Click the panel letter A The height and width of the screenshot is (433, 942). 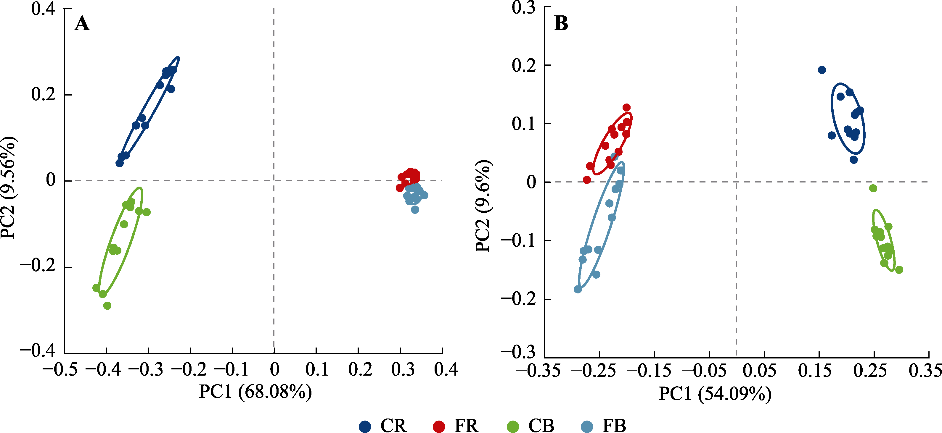(82, 24)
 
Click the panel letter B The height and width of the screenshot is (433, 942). (561, 23)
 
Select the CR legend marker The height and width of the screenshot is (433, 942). (365, 426)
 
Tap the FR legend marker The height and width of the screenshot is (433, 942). (439, 426)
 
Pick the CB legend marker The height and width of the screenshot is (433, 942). (513, 426)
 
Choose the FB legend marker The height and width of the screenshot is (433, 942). (587, 426)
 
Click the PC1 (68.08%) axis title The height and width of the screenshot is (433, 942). (255, 392)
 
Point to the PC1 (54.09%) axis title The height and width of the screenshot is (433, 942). (715, 394)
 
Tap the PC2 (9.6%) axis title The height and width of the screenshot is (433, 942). (483, 206)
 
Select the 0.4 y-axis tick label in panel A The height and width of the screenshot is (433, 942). (43, 9)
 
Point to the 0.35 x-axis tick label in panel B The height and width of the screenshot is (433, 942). (925, 371)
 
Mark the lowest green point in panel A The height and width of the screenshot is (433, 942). (107, 306)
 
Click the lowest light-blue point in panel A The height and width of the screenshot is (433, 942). (415, 210)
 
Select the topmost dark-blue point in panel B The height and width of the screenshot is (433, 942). (822, 70)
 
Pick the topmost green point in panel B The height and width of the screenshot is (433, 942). (873, 188)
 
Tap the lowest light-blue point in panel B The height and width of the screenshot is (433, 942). (578, 289)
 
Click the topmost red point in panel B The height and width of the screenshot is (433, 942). (627, 107)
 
